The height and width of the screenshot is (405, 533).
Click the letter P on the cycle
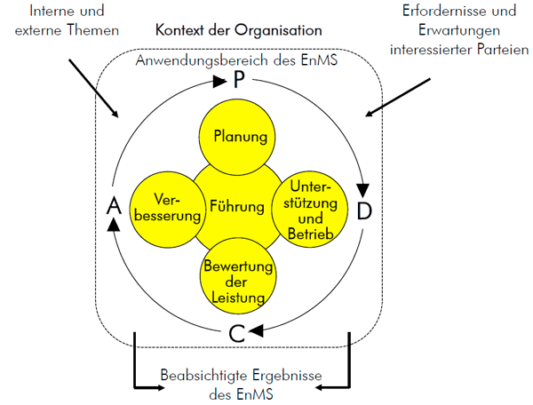coord(238,82)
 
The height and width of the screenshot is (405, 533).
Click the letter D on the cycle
coord(364,211)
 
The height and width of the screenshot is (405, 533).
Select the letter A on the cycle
coord(113,207)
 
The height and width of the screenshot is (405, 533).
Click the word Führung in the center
coord(237,208)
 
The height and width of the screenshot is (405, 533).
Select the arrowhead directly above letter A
coord(113,226)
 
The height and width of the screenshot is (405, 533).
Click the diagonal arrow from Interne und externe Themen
coord(91,90)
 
